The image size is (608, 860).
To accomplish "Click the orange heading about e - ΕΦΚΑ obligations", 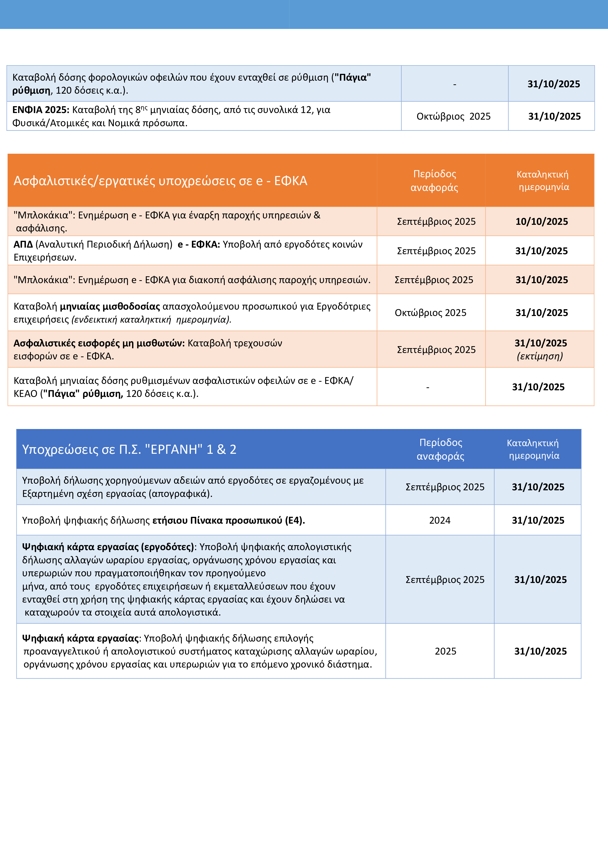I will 160,180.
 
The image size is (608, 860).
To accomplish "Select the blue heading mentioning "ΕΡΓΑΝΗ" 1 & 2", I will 129,449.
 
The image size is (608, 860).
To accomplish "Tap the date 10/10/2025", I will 541,221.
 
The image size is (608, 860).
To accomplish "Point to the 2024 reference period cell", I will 440,520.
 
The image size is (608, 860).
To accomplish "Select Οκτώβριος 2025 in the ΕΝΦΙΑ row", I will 453,116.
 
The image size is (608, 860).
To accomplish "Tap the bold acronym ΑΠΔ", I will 23,244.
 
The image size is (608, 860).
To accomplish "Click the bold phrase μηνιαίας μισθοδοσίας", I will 110,306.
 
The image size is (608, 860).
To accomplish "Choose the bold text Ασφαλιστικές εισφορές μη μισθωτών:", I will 99,343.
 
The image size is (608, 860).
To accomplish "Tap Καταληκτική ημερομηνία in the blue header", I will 533,449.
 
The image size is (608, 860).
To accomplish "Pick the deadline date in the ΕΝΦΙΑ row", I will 554,116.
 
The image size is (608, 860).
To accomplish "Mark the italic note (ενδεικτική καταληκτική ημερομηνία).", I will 151,319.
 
